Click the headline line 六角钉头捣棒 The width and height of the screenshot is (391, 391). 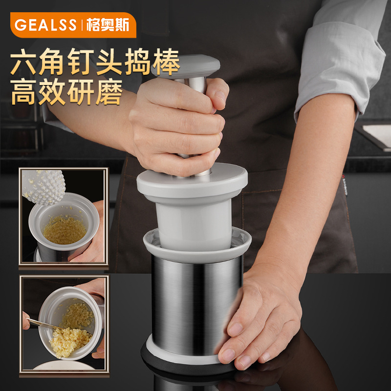pos(95,64)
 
